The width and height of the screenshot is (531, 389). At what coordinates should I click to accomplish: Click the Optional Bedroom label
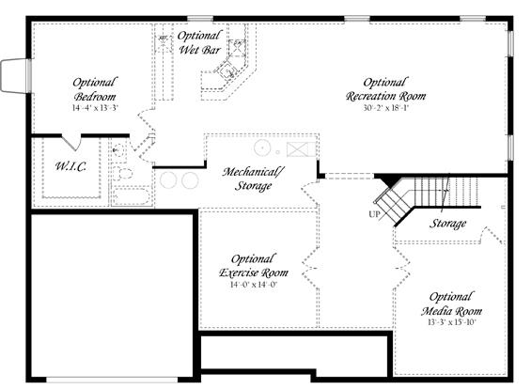(x=95, y=89)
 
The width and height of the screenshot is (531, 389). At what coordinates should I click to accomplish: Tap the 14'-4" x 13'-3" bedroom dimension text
(x=95, y=108)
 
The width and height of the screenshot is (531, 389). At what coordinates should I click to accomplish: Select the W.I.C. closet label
(x=70, y=166)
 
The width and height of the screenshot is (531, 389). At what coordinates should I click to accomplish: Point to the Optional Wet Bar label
(x=199, y=42)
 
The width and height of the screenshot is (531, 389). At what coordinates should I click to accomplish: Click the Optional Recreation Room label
(x=385, y=89)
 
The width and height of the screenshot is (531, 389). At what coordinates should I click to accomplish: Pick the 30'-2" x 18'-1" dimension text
(x=386, y=108)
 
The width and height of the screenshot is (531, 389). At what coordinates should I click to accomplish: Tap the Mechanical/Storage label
(x=254, y=179)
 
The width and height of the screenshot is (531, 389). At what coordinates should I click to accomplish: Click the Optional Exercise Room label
(x=254, y=266)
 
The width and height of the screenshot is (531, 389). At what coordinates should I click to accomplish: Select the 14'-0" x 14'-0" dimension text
(x=254, y=285)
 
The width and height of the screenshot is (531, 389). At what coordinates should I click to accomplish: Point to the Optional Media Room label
(x=451, y=304)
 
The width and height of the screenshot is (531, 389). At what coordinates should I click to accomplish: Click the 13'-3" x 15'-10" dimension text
(x=452, y=322)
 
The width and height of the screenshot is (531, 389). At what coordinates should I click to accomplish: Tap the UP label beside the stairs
(x=375, y=214)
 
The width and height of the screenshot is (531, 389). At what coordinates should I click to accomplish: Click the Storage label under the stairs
(x=447, y=224)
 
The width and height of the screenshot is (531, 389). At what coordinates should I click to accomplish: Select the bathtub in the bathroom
(x=132, y=196)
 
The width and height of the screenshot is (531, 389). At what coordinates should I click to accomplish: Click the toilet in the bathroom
(x=122, y=173)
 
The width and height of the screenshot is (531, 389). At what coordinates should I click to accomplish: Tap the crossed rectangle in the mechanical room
(x=301, y=149)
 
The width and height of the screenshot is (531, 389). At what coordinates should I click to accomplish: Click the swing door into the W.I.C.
(x=71, y=142)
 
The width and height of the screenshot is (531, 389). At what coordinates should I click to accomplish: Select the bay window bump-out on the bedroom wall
(x=14, y=75)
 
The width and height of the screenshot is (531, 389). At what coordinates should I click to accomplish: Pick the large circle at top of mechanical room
(x=262, y=148)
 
